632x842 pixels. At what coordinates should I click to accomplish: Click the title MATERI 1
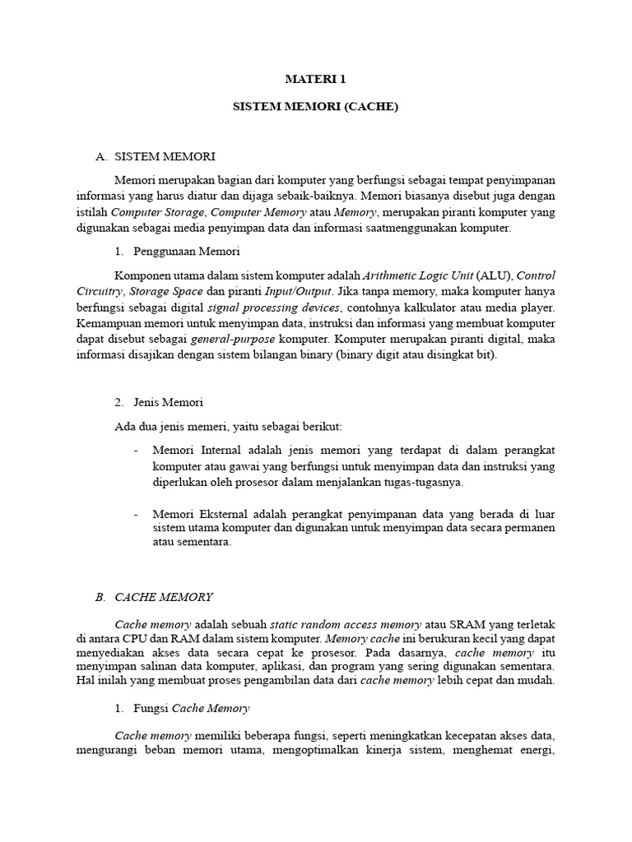tap(316, 80)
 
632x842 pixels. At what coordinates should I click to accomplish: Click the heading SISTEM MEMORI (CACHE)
tap(316, 107)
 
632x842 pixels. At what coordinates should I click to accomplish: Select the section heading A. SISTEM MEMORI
tap(156, 156)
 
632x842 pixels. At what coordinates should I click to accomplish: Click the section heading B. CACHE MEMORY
tap(155, 597)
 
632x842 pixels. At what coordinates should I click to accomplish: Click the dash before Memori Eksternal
tap(136, 513)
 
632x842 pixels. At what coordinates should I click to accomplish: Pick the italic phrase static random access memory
tap(346, 624)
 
